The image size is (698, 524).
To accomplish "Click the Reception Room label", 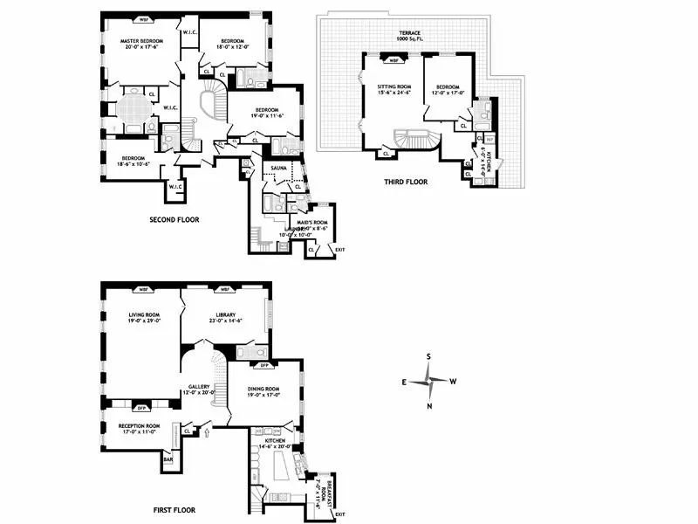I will (131, 428).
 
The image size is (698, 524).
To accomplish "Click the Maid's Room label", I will (315, 225).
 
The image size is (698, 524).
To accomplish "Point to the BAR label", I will (168, 457).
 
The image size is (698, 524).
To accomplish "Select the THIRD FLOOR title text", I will (405, 182).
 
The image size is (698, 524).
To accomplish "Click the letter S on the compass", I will (429, 356).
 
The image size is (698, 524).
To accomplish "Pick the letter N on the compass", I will (429, 406).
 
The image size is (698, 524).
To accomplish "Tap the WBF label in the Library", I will (224, 289).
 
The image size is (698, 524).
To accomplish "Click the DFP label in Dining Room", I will (259, 365).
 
